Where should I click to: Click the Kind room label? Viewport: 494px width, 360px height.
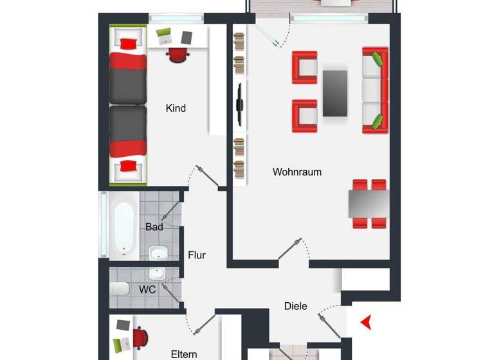coord(176,108)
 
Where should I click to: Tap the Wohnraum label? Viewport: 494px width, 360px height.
coord(297,172)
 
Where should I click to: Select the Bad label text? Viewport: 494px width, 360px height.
coord(154,227)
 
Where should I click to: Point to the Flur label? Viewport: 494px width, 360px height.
coord(197,255)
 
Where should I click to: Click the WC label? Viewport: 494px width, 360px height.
coord(147,289)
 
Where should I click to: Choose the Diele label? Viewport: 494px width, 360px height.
coord(296,306)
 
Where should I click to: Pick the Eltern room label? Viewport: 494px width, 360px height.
coord(183,354)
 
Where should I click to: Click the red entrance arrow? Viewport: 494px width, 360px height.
coord(367,321)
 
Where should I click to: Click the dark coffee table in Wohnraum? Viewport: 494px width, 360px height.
coord(335,93)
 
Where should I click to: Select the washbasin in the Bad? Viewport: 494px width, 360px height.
coord(157,252)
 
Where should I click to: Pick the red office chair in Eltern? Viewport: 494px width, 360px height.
coord(140,337)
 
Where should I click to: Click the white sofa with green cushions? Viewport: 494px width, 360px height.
coord(375,90)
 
